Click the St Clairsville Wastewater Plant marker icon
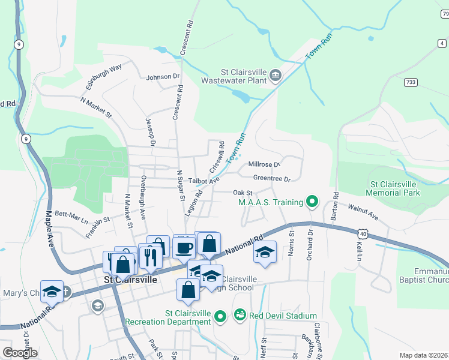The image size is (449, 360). point(276,74)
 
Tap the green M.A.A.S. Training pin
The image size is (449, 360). point(312,202)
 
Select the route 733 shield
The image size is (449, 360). point(411,82)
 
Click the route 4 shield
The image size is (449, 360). point(442,43)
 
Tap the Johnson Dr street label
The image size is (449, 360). point(163,77)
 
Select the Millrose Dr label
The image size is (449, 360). point(264,164)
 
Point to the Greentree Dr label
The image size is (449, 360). point(271,179)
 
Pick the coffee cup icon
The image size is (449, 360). point(185,246)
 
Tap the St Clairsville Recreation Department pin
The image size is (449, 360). point(220,316)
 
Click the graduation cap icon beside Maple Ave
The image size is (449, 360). point(52,292)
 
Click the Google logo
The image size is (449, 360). point(20,353)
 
